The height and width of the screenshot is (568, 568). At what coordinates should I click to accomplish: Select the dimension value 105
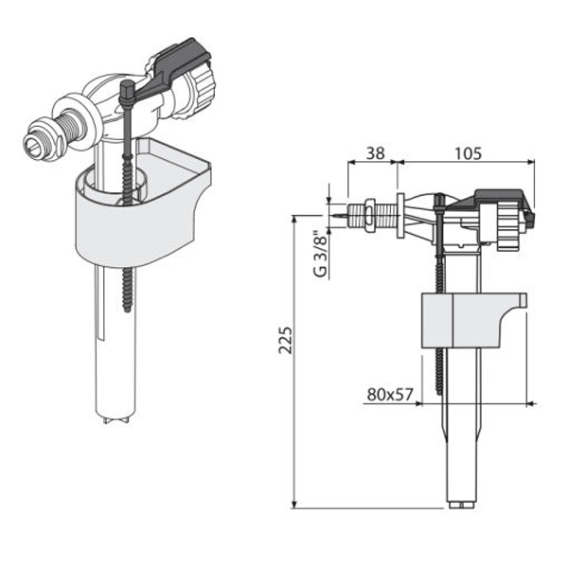point(464,150)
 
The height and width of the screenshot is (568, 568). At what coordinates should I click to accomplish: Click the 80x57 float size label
point(388,395)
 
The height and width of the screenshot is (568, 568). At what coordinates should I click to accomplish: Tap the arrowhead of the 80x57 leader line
point(437,401)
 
